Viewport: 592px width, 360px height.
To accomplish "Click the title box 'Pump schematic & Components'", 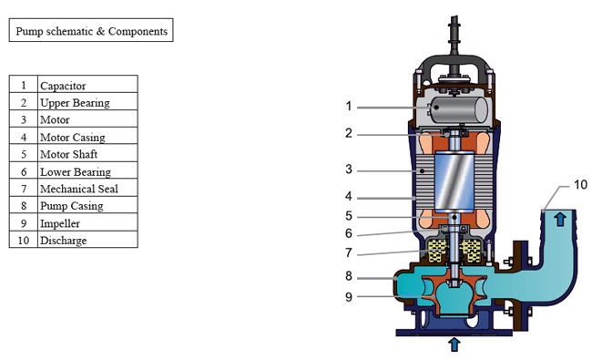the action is point(91,30).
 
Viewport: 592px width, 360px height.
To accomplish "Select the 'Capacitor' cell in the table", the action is point(87,84).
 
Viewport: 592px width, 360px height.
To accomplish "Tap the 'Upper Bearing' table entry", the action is point(87,101).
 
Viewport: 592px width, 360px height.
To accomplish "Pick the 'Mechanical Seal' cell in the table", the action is point(87,188).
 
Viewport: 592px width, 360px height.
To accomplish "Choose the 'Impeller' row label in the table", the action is point(87,222).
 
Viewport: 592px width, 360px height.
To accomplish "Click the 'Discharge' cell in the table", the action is point(87,240).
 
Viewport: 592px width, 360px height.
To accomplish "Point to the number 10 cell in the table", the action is point(24,240).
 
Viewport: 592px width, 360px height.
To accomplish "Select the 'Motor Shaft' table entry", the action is point(87,153).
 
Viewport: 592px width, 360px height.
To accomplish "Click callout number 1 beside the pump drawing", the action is point(349,107).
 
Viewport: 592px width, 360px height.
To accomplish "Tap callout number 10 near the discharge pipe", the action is point(581,185).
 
